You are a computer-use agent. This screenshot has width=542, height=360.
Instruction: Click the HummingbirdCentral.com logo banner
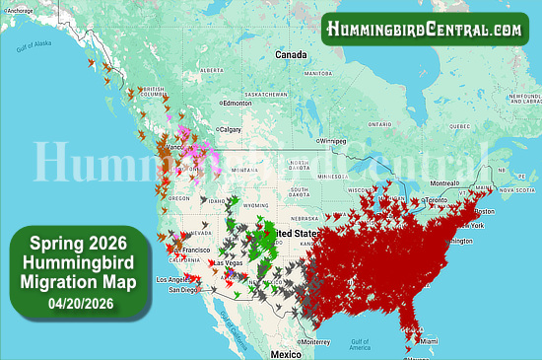[425, 30]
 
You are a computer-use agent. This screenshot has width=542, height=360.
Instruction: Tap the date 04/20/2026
[78, 303]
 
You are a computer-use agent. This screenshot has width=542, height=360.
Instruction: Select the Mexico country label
[286, 353]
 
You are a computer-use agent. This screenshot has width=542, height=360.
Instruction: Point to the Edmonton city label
[237, 103]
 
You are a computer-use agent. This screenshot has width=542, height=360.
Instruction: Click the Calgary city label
[231, 129]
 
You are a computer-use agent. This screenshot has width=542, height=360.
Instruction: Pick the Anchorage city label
[21, 9]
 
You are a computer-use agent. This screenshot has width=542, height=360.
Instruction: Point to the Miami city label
[428, 342]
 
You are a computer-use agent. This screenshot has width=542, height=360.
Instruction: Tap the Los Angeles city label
[174, 280]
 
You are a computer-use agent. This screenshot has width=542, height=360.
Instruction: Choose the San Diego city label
[183, 290]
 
